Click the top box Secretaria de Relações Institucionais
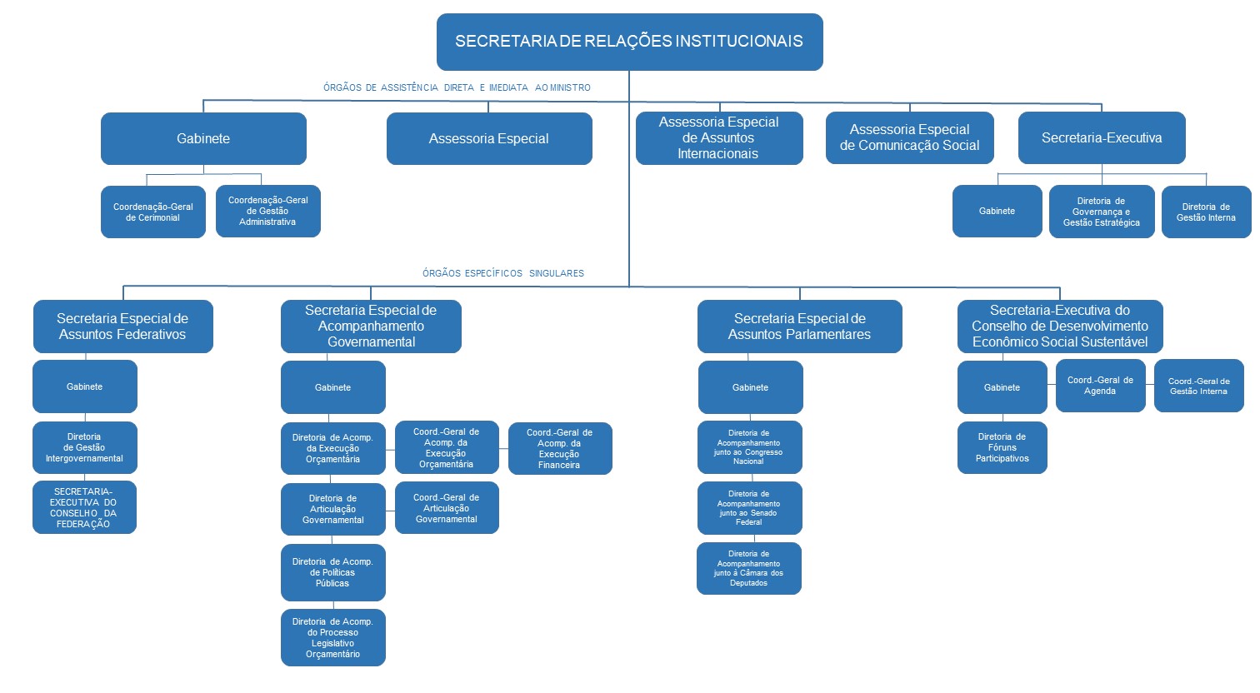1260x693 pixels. (x=629, y=42)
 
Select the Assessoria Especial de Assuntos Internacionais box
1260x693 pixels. (x=718, y=138)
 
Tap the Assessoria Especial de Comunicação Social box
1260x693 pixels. (x=909, y=138)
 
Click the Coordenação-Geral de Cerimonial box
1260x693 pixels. (x=153, y=212)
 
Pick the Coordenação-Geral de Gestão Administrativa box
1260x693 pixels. (x=267, y=212)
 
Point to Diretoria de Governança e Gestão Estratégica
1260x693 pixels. (x=1101, y=212)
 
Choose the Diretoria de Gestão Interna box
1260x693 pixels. (x=1206, y=212)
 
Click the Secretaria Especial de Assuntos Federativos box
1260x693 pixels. (x=122, y=327)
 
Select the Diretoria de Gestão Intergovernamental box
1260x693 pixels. (x=84, y=448)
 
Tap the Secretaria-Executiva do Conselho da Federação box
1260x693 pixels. (x=83, y=508)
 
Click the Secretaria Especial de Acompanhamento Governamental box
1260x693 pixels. (x=371, y=327)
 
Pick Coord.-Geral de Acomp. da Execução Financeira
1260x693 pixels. (x=559, y=449)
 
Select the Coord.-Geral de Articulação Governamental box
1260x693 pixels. (x=447, y=508)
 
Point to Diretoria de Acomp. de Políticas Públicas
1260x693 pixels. (x=332, y=573)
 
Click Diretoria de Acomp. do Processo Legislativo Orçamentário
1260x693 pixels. (x=332, y=638)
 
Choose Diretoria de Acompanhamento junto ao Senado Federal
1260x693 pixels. (x=749, y=508)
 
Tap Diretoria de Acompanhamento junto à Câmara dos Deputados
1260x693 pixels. (x=748, y=569)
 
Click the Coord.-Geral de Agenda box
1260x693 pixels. (x=1100, y=386)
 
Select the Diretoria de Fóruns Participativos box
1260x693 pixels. (x=1002, y=448)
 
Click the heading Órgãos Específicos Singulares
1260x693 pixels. (x=502, y=273)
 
